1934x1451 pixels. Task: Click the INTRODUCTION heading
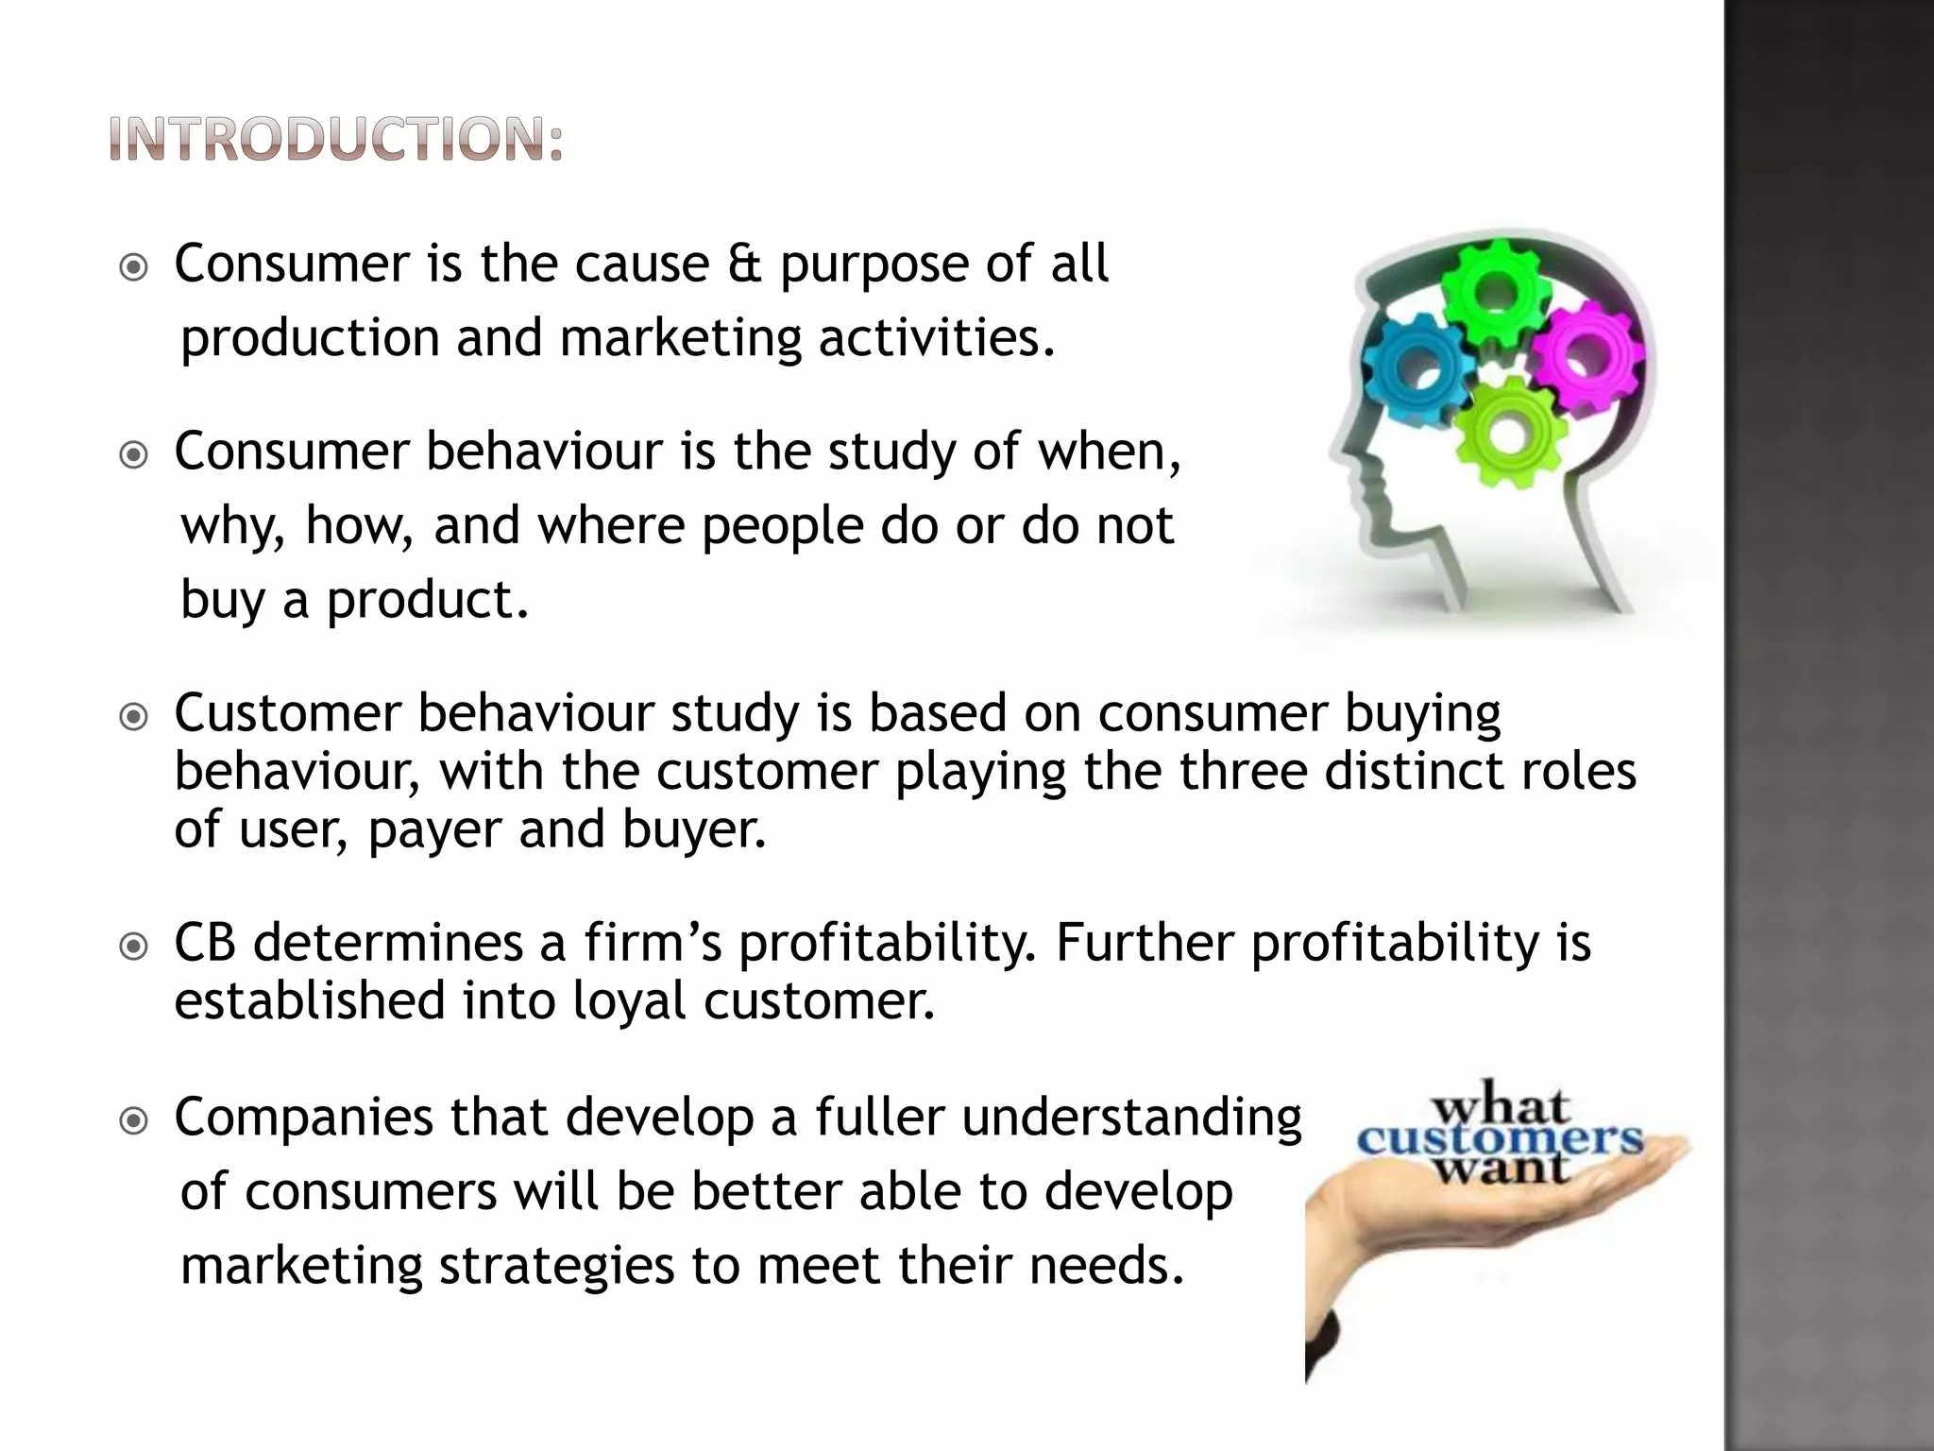(336, 140)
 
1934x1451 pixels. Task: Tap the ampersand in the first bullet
(743, 264)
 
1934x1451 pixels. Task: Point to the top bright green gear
(1495, 293)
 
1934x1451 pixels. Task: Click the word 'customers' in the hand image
(1500, 1138)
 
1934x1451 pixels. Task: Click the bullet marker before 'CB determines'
(135, 946)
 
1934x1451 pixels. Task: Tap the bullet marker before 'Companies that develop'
(135, 1121)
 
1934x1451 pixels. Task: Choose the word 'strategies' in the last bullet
(556, 1265)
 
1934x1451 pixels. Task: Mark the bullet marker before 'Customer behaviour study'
(135, 717)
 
